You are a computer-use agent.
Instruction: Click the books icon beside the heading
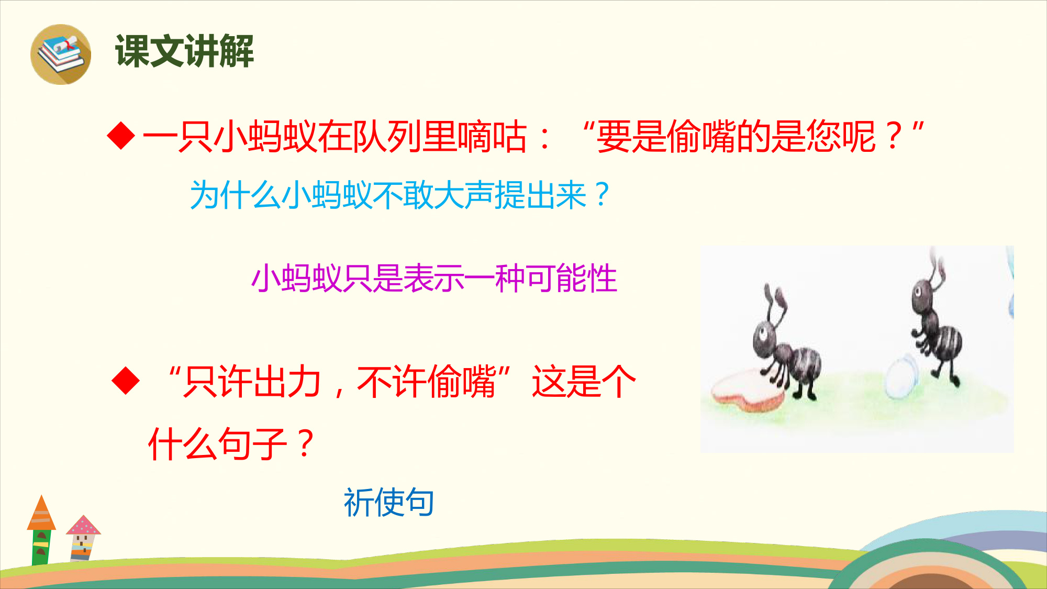tap(61, 54)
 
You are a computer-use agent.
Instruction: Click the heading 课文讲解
tap(185, 51)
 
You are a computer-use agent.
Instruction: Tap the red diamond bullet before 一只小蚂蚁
tap(121, 136)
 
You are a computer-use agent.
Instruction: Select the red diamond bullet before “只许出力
tap(126, 381)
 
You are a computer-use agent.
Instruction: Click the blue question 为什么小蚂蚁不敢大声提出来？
tap(400, 195)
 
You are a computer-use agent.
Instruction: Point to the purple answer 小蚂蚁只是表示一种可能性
tap(435, 278)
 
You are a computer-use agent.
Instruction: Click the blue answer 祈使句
tap(389, 502)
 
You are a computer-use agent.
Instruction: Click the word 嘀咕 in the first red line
tap(493, 136)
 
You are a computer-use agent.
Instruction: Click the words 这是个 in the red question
tap(584, 381)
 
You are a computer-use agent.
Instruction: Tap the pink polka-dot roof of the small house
tap(83, 525)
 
